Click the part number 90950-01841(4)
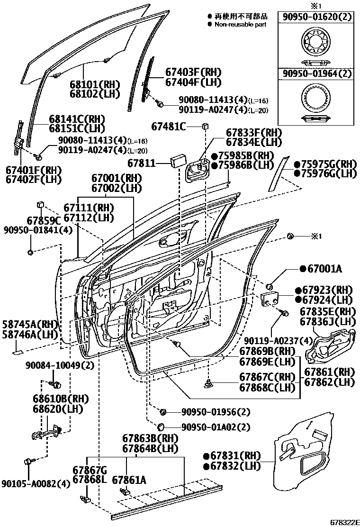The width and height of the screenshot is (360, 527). (x=31, y=230)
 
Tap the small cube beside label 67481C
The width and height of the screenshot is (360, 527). (x=206, y=126)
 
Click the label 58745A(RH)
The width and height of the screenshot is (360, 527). (x=29, y=325)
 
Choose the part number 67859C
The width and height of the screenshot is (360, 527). (x=43, y=220)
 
